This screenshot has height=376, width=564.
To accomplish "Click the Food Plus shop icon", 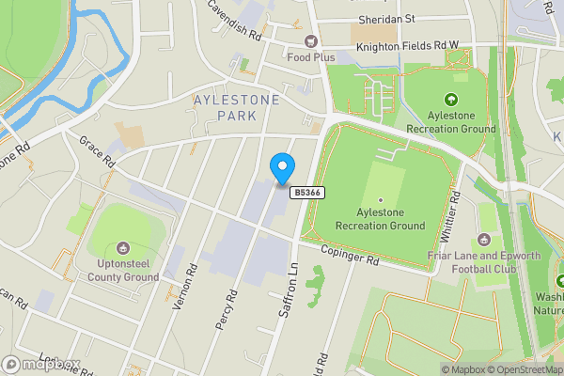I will (x=310, y=40).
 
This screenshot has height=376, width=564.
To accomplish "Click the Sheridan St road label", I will (x=385, y=18).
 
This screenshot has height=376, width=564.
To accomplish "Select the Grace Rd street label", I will (x=96, y=150).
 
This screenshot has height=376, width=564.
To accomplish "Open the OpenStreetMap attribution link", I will (x=518, y=369).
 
